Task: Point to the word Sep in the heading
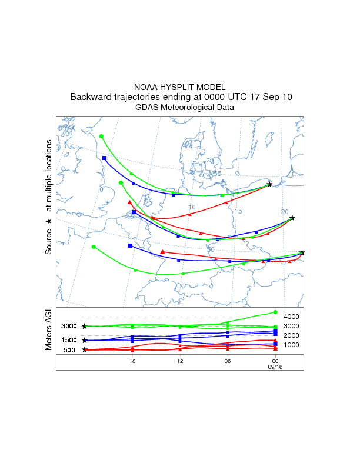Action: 269,97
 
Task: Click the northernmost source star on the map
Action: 269,184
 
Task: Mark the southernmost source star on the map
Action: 302,252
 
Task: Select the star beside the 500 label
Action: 85,350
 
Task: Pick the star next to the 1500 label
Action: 85,341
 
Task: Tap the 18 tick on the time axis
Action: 133,361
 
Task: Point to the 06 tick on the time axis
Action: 228,361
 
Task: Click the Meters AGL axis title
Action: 49,329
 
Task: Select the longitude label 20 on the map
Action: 285,212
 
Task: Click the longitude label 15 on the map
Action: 238,211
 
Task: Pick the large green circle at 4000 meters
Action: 275,312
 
